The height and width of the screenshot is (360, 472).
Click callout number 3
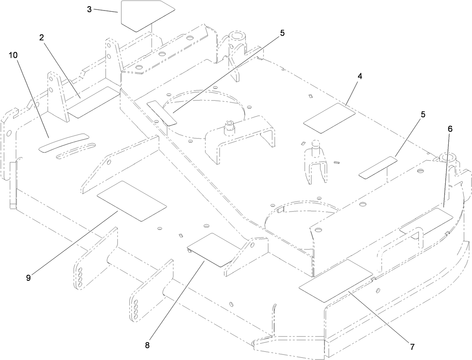(89, 9)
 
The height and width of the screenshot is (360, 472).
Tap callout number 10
(13, 55)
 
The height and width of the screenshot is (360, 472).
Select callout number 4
(360, 76)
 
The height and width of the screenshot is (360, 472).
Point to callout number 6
(450, 129)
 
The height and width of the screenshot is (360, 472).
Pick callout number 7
(412, 346)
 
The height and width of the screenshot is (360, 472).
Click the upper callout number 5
(282, 33)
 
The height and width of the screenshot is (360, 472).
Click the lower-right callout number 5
(423, 115)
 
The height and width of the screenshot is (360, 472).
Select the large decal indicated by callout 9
(131, 200)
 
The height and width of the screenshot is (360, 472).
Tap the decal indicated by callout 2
(94, 102)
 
